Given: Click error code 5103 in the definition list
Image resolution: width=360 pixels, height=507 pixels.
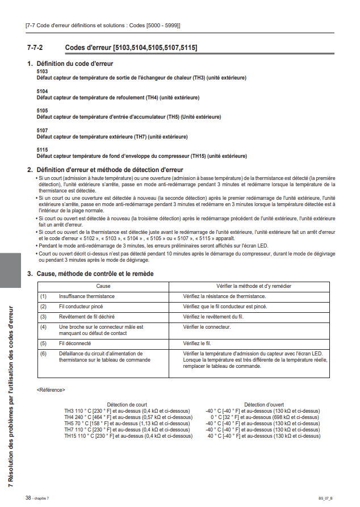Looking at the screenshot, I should click(x=42, y=72).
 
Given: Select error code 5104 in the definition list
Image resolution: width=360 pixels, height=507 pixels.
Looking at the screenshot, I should click(x=42, y=91).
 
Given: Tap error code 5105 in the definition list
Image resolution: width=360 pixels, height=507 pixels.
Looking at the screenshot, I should click(x=42, y=111).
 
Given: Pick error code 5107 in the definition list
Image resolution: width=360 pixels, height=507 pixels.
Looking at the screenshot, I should click(x=42, y=131).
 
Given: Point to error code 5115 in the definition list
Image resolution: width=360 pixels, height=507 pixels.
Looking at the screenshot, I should click(x=42, y=150).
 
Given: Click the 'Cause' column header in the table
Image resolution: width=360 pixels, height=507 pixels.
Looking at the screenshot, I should click(x=103, y=286).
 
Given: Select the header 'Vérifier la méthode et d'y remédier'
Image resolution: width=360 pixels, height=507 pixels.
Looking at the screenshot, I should click(x=254, y=286).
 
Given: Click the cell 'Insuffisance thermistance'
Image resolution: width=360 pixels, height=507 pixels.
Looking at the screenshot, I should click(x=86, y=296).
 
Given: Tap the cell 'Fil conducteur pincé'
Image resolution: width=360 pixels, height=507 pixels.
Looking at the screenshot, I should click(x=81, y=306).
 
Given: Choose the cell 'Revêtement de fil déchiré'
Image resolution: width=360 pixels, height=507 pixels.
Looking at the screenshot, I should click(x=86, y=316).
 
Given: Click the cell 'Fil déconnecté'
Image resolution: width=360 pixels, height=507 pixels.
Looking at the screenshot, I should click(x=76, y=344).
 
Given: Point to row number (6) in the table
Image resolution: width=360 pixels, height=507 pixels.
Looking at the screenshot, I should click(x=43, y=354).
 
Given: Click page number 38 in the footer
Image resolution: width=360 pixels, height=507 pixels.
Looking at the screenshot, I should click(x=28, y=497).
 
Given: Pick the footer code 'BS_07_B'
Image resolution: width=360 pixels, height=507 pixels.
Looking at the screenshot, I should click(x=325, y=498).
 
